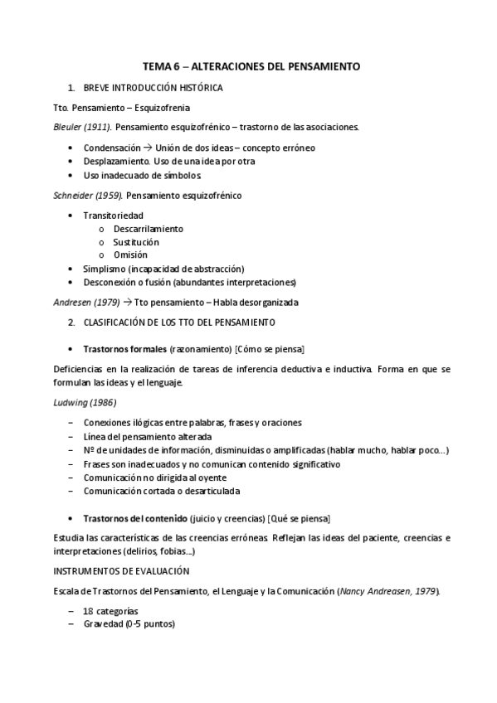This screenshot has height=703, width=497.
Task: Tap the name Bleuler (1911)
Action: click(81, 127)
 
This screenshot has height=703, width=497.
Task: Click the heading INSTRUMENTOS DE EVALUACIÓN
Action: click(120, 571)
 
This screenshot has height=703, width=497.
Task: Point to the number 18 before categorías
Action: click(88, 611)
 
